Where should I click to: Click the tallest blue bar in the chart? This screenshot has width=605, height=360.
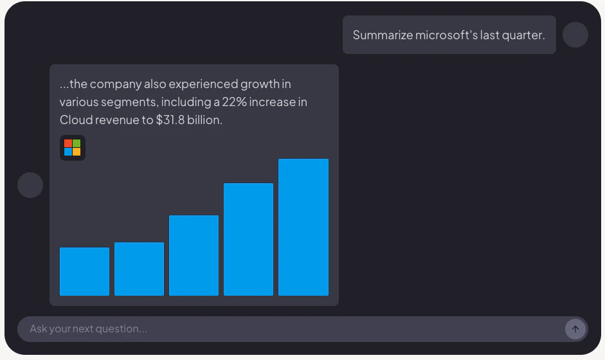303,227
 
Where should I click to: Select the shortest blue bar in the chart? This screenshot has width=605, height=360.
84,271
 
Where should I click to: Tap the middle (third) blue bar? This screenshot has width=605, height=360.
194,255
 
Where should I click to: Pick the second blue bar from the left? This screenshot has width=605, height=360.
139,269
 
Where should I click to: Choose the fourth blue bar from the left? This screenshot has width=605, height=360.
248,239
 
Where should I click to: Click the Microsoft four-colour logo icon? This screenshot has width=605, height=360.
73,148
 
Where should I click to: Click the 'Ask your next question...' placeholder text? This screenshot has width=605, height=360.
88,329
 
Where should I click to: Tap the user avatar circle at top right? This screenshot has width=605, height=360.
575,35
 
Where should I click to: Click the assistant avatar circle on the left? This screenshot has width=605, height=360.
30,185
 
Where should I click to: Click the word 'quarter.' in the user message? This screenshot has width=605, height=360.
523,35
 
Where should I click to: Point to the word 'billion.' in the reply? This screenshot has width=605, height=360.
204,120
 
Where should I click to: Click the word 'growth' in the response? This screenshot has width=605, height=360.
262,84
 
